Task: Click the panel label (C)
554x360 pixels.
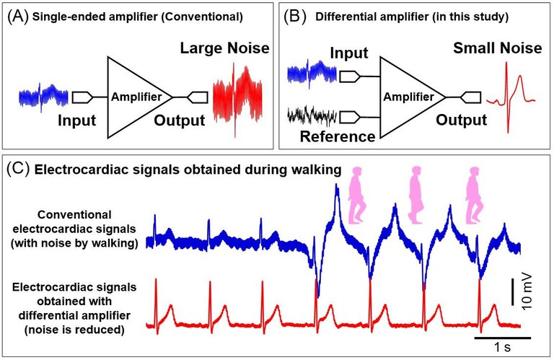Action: (x=18, y=170)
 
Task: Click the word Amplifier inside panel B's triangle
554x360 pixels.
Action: (x=410, y=96)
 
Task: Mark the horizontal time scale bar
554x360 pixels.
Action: (x=503, y=336)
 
